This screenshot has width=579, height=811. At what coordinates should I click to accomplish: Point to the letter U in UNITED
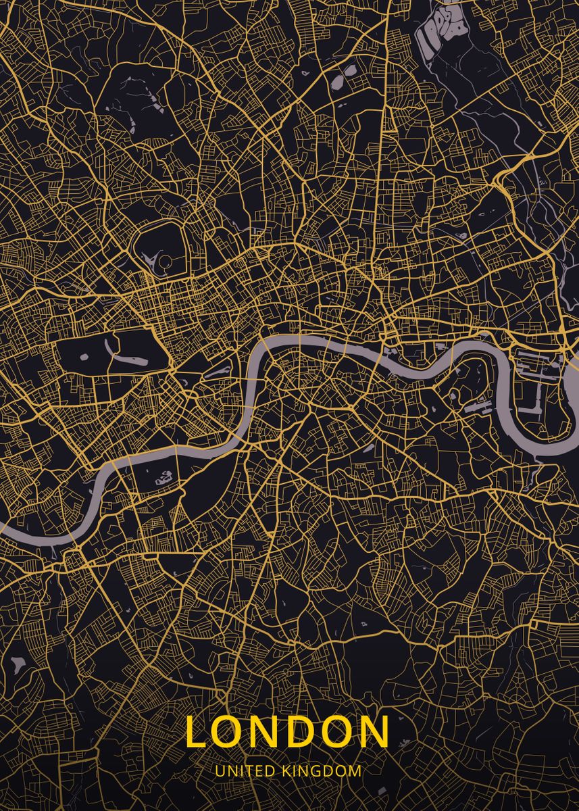pyautogui.click(x=220, y=770)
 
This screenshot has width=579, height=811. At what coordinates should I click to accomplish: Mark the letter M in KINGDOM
pyautogui.click(x=355, y=770)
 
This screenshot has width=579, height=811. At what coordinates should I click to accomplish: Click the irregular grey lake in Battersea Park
pyautogui.click(x=163, y=479)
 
